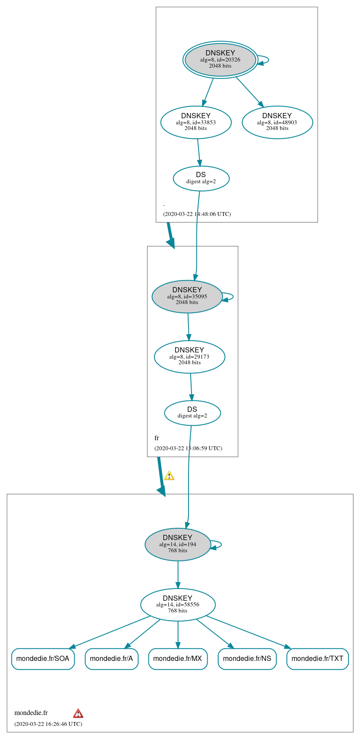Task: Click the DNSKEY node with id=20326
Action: pos(220,59)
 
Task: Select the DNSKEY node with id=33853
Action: pos(196,122)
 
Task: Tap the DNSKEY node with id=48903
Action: pos(277,122)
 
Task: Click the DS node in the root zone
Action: pos(201,178)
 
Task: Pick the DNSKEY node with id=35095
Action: pos(187,296)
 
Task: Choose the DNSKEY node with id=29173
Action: pos(189,356)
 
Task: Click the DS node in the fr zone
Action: pos(192,412)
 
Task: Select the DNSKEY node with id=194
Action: pos(178,544)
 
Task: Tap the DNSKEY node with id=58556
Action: pos(178,604)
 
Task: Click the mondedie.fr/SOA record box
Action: pos(43,658)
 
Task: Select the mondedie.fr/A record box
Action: pos(111,658)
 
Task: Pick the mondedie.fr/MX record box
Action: pos(178,658)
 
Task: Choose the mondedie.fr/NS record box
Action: pos(247,658)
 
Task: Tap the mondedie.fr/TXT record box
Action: pos(317,658)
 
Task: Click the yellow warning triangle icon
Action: pos(169,476)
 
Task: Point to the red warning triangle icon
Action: pos(78,713)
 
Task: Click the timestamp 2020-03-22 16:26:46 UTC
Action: pos(48,724)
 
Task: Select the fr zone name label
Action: pos(157,438)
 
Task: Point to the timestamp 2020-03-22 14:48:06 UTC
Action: pos(197,214)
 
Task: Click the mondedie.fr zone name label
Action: pos(31,713)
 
